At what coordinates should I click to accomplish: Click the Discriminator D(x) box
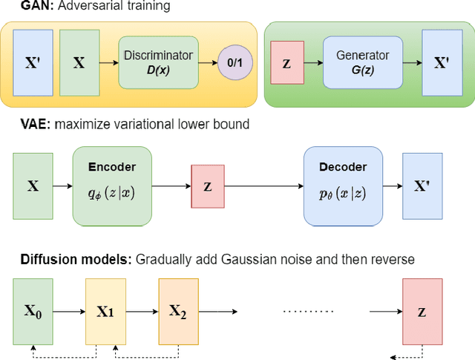[x=157, y=62]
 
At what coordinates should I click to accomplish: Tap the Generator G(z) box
[x=362, y=62]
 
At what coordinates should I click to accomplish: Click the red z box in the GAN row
[x=286, y=62]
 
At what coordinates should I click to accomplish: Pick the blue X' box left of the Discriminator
[x=33, y=62]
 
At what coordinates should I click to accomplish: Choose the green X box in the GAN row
[x=79, y=62]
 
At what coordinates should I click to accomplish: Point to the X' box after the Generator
[x=441, y=62]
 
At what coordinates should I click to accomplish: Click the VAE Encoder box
[x=112, y=186]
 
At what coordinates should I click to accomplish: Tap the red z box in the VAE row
[x=207, y=186]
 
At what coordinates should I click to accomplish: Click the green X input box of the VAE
[x=33, y=186]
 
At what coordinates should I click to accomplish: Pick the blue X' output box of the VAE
[x=421, y=186]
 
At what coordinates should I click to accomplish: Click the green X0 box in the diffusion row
[x=33, y=311]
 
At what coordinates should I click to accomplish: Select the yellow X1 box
[x=105, y=311]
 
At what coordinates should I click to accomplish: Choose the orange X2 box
[x=178, y=311]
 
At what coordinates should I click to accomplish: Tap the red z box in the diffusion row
[x=421, y=311]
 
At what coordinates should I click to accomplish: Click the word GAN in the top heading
[x=18, y=7]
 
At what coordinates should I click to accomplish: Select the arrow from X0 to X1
[x=69, y=311]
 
